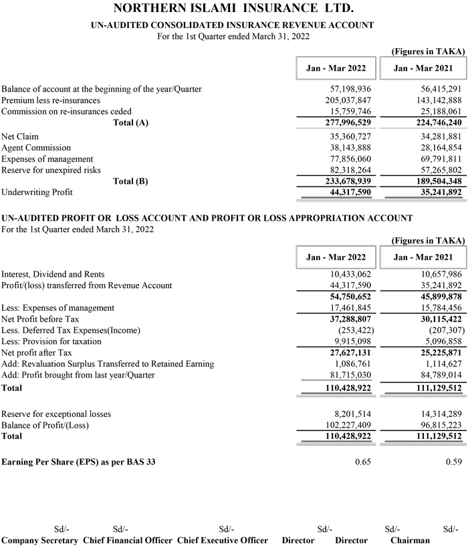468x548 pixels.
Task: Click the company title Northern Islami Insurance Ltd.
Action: point(234,9)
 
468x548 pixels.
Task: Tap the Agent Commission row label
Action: point(36,148)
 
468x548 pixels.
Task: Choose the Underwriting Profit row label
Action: point(38,192)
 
